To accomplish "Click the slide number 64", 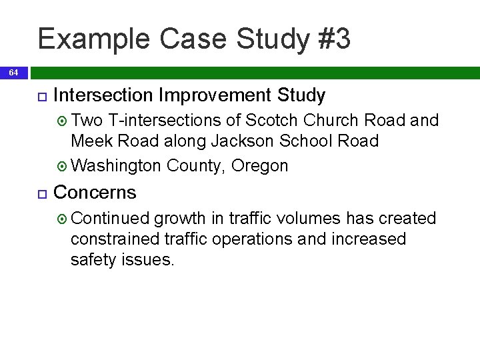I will pos(14,72).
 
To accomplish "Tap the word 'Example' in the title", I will pos(93,39).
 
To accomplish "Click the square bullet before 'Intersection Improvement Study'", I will pos(41,97).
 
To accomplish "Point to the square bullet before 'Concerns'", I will pos(41,194).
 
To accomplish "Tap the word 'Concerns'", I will pos(94,193).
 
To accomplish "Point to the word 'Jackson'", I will pos(241,141).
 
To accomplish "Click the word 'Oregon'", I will pos(260,165).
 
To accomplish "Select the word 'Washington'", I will pos(115,165).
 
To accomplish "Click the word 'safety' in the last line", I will pos(93,260).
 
